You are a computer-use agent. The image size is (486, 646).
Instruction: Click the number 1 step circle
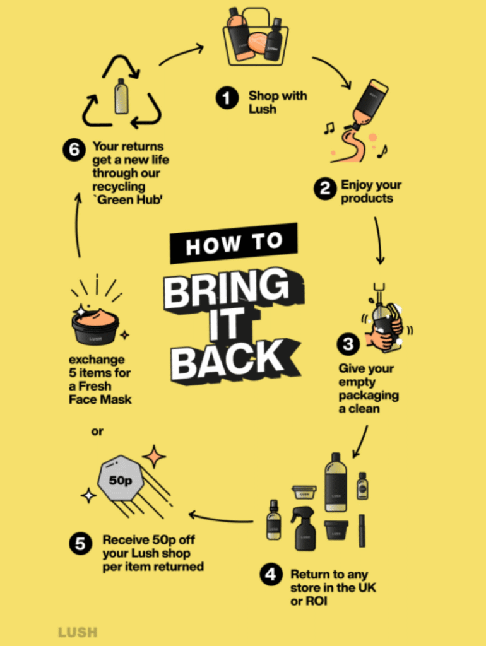coord(227,98)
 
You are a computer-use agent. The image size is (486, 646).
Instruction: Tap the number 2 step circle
coord(325,189)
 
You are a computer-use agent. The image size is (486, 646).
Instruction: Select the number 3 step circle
coord(348,344)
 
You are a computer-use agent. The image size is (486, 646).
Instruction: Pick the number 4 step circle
coord(271,574)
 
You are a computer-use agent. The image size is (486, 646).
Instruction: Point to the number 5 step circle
coord(80,543)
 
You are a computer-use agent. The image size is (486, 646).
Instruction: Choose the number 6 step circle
coord(74,149)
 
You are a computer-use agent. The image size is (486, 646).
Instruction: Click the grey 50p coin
coord(121,478)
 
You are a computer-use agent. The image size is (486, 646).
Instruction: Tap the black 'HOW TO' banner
coord(234,243)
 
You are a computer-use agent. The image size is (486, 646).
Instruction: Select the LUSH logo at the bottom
coord(78,632)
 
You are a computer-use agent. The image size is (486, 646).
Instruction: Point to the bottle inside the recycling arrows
coord(121,96)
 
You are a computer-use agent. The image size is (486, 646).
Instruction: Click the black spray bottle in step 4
coord(304,529)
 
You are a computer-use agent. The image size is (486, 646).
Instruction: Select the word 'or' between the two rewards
coord(97,432)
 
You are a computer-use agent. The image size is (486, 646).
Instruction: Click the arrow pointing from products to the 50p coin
coord(220,518)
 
